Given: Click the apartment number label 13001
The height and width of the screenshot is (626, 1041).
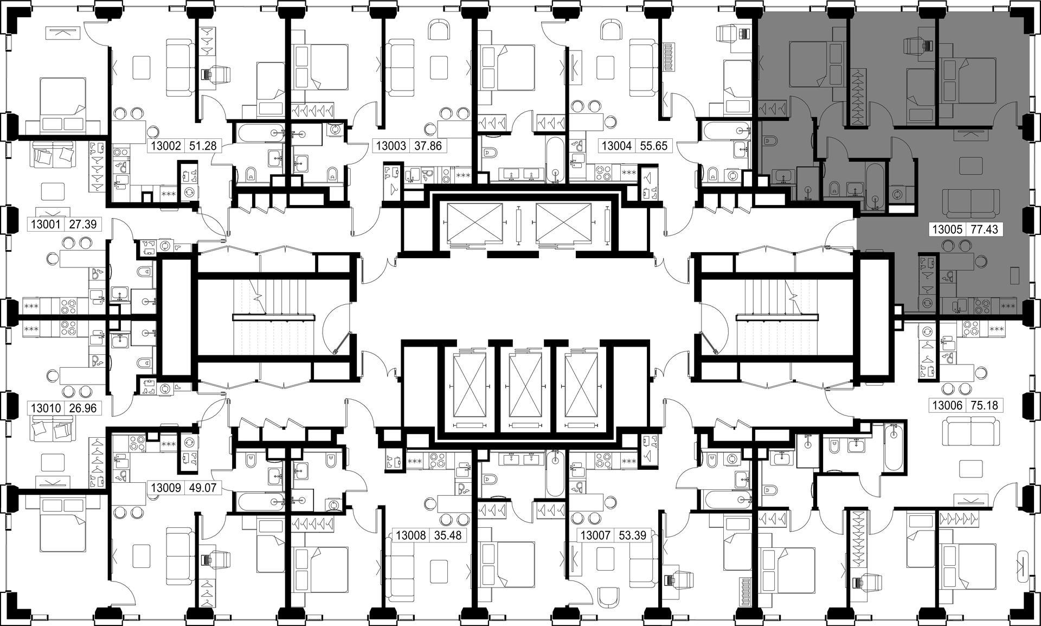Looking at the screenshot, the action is point(46,224).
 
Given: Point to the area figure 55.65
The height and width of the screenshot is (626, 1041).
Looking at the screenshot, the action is point(654,146).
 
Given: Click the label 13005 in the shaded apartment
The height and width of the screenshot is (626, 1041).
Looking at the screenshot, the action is point(947,229).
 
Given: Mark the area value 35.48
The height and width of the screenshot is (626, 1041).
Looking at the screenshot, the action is point(447,535).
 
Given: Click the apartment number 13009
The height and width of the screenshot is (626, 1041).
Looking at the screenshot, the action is point(165,488).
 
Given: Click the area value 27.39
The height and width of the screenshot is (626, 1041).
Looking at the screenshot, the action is point(83,224).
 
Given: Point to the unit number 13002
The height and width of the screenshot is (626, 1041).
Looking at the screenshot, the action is point(165,146).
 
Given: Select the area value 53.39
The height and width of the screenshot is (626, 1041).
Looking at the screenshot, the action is point(632,535).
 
